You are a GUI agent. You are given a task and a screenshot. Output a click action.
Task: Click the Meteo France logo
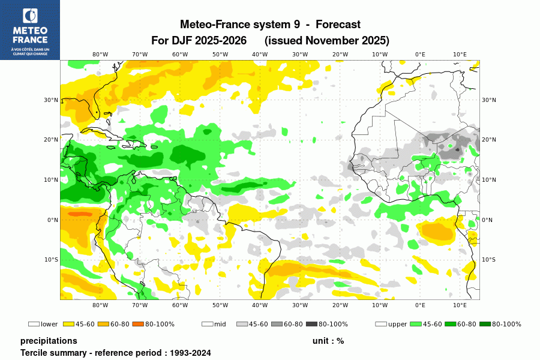(x=29, y=29)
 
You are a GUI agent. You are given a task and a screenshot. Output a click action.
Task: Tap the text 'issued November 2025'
(x=327, y=41)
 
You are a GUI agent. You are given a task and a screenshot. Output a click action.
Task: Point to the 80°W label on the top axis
(x=100, y=54)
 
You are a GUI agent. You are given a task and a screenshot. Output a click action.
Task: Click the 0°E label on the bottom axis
(x=420, y=305)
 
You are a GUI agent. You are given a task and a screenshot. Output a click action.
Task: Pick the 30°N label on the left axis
(x=52, y=100)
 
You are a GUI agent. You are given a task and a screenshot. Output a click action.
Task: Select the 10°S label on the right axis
(x=489, y=260)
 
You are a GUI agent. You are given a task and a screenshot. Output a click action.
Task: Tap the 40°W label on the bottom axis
(x=260, y=305)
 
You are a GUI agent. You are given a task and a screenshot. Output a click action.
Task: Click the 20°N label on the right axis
(x=489, y=140)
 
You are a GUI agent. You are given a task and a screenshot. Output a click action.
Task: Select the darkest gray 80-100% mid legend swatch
(x=311, y=324)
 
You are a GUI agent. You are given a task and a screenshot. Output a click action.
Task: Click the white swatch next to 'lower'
(x=34, y=324)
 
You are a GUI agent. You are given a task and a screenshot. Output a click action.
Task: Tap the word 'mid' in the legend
(x=220, y=324)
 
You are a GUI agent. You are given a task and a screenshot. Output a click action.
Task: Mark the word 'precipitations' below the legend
(x=49, y=341)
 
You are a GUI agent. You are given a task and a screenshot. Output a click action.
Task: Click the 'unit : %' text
(x=328, y=341)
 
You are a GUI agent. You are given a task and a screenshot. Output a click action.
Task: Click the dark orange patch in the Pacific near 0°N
(x=80, y=214)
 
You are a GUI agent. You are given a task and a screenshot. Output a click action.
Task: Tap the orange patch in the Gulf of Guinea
(x=437, y=230)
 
